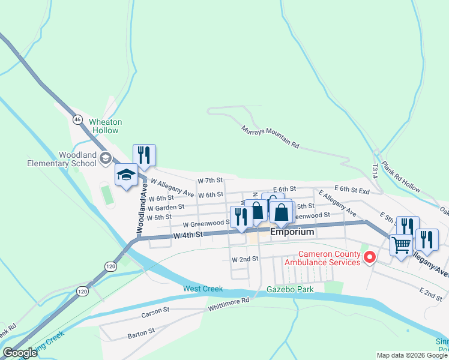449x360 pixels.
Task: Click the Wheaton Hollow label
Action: (105, 126)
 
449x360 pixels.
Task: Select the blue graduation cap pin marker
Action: (126, 175)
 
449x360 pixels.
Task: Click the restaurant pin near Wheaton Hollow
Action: (144, 155)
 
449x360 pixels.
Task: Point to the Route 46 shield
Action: (77, 119)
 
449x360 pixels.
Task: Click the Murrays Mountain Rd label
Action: (270, 137)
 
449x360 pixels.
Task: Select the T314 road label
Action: (375, 171)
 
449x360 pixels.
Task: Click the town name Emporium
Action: (292, 232)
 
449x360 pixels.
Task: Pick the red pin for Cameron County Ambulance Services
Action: (370, 258)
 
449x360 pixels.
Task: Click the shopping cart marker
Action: (401, 244)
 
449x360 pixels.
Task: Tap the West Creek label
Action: (203, 289)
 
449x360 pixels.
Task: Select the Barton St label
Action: (142, 331)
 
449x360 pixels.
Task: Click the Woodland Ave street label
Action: (140, 207)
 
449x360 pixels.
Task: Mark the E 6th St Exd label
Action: (351, 188)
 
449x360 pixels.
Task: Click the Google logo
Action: (20, 353)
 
